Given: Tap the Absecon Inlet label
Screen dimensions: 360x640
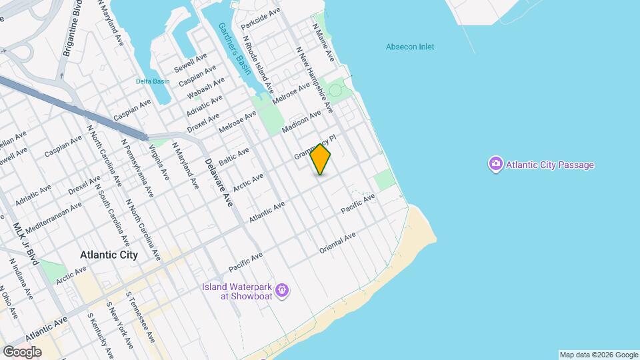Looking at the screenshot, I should click(x=410, y=47).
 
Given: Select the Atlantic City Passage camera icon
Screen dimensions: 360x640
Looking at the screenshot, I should click(x=495, y=164).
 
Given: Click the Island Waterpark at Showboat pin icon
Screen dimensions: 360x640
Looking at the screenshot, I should click(x=283, y=291).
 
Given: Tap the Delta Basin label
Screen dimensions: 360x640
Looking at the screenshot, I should click(x=153, y=81).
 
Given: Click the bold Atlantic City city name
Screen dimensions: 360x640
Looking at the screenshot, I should click(x=109, y=255).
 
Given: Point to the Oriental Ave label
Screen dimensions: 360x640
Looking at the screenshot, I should click(x=337, y=243).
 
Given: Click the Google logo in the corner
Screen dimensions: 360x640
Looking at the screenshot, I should click(x=22, y=351).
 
